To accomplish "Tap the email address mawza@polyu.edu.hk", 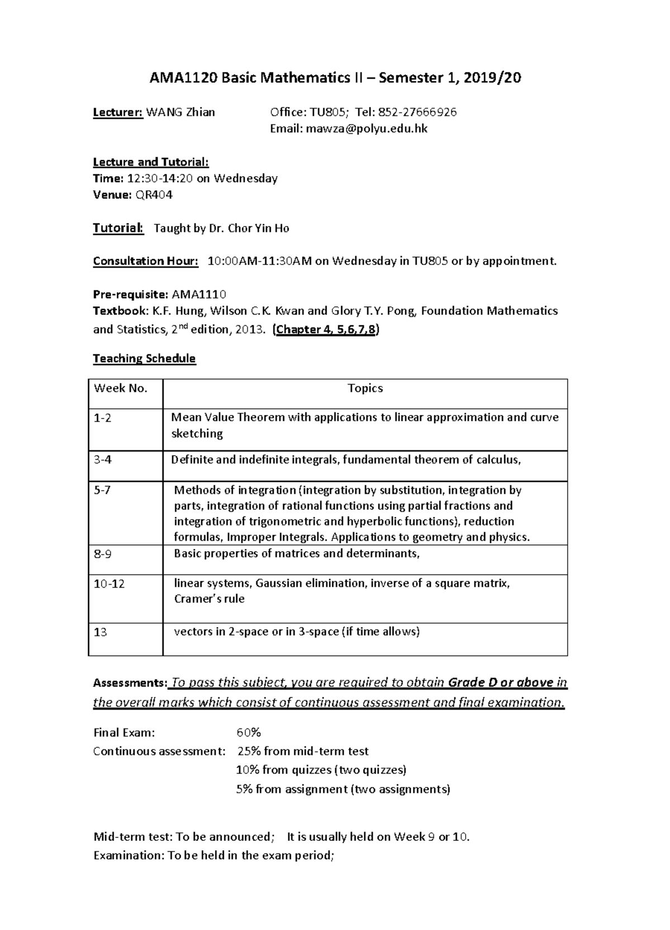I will pyautogui.click(x=366, y=129).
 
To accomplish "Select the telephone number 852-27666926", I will pyautogui.click(x=418, y=112).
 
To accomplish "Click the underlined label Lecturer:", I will pyautogui.click(x=118, y=112).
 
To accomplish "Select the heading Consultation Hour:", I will pyautogui.click(x=145, y=261).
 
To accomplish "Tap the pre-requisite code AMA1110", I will pyautogui.click(x=199, y=294).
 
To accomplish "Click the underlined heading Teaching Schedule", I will pyautogui.click(x=144, y=358).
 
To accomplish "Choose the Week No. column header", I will pyautogui.click(x=121, y=388).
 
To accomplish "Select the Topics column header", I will pyautogui.click(x=365, y=388).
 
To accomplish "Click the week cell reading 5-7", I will pyautogui.click(x=102, y=491).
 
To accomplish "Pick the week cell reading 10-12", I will pyautogui.click(x=109, y=584).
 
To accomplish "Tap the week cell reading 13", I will pyautogui.click(x=100, y=632).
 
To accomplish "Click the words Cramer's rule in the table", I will pyautogui.click(x=209, y=599).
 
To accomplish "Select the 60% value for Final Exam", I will pyautogui.click(x=248, y=733).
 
